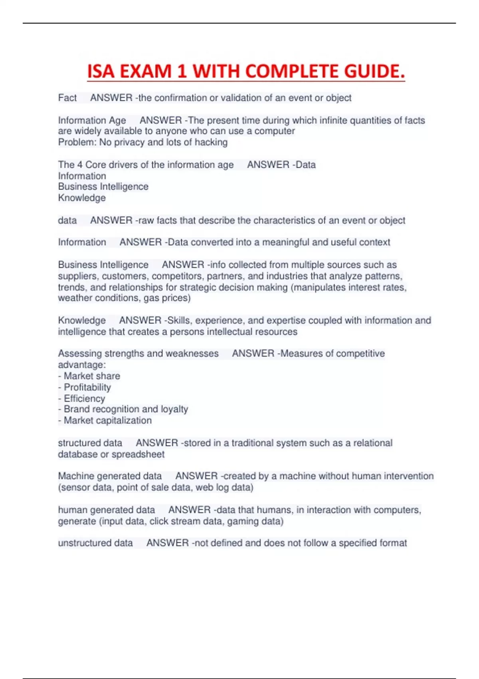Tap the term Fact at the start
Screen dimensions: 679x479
(x=67, y=98)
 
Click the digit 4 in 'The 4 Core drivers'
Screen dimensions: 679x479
(x=80, y=165)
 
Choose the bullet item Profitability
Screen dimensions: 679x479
(x=87, y=387)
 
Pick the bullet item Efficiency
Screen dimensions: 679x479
(x=84, y=399)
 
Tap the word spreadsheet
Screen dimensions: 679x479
(x=138, y=455)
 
